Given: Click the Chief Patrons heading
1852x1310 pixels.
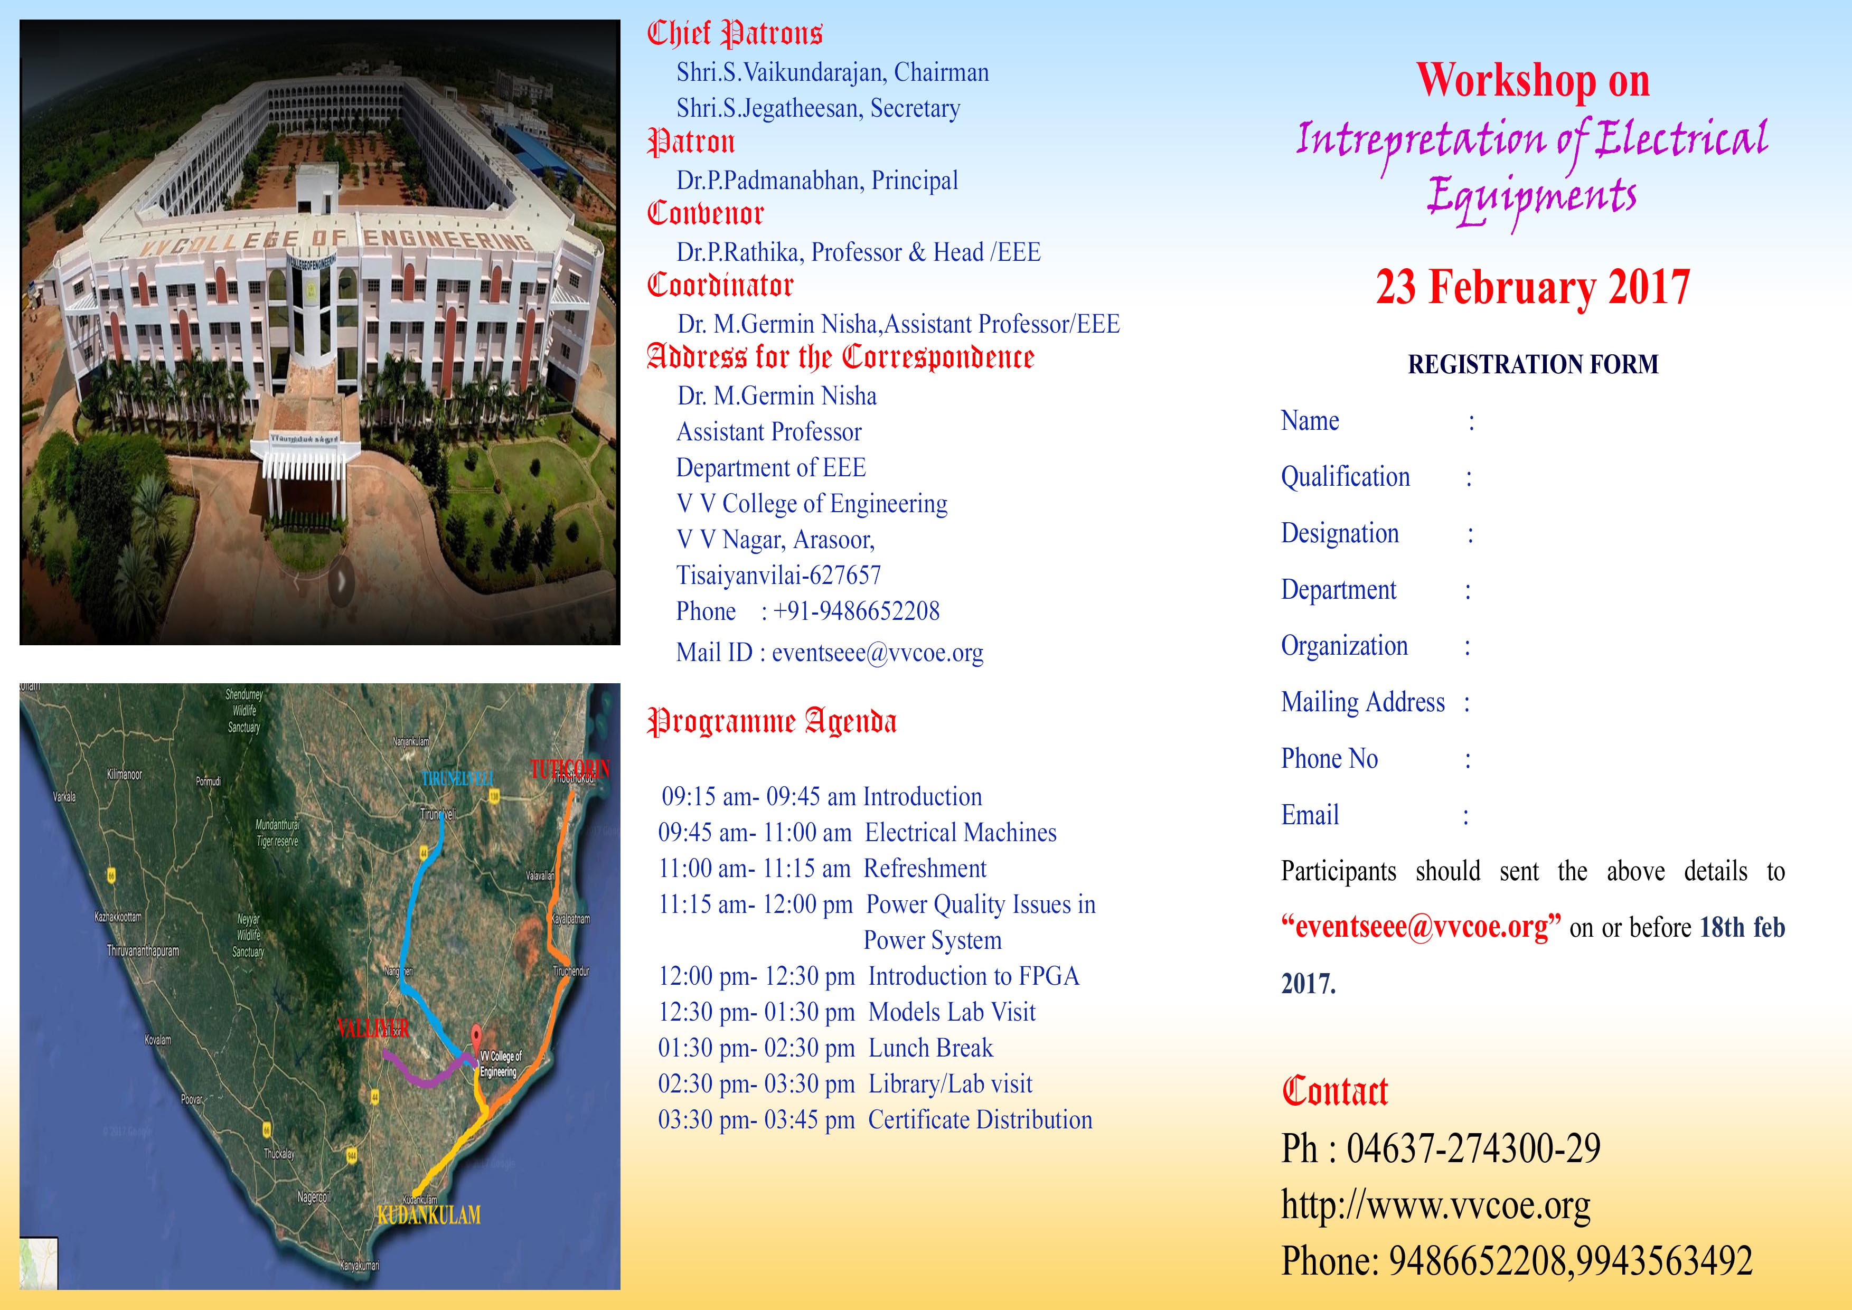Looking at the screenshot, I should point(734,34).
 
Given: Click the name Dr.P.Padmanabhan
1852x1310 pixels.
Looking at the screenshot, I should point(769,181).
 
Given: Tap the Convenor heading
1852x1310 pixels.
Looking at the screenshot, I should point(705,214).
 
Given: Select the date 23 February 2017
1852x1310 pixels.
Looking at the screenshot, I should point(1533,287).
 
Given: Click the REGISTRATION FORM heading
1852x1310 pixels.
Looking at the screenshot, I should point(1533,365).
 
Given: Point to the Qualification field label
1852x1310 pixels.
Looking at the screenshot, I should point(1346,477).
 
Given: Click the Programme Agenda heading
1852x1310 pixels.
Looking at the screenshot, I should point(772,722).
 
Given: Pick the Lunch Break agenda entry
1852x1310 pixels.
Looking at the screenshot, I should point(930,1048).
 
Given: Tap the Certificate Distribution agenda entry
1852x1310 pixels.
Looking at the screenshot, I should point(979,1119).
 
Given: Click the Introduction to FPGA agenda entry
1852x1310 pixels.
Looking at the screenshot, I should point(973,976).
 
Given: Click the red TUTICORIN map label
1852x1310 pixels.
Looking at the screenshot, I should point(569,769).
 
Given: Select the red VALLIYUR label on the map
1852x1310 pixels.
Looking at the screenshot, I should point(373,1028).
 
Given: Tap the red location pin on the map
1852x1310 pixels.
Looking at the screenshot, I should point(476,1035).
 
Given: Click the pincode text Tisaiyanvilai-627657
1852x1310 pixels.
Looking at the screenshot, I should point(778,575).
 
